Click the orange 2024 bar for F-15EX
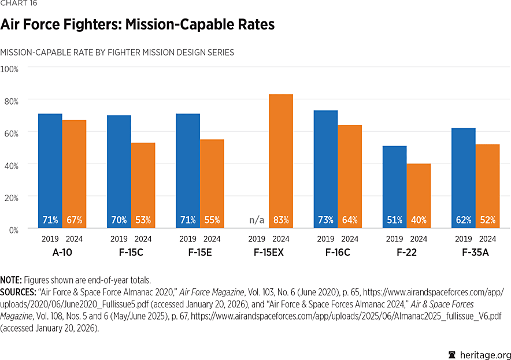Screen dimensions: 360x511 tap(281, 162)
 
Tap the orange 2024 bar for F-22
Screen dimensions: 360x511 tap(419, 196)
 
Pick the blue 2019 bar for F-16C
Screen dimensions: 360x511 tap(325, 170)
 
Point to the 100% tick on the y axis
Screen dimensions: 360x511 tap(10, 69)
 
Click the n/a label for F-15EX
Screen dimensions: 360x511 tap(257, 220)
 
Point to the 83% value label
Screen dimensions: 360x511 tap(281, 220)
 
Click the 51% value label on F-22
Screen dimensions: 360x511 tap(395, 220)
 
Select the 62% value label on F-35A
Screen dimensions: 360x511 tap(464, 220)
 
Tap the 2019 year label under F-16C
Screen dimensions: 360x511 tap(325, 239)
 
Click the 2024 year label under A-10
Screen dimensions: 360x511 tap(74, 239)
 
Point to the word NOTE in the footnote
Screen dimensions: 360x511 tap(11, 280)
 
